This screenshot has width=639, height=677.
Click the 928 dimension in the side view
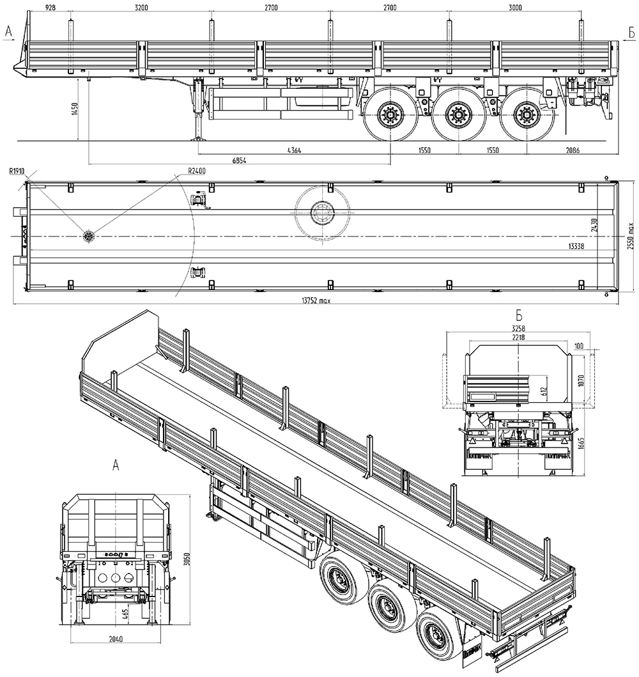tap(44, 8)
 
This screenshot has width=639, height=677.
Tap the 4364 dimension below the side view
tap(294, 151)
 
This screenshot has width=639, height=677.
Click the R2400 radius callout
tap(197, 171)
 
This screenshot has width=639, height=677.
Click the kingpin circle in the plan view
tap(88, 237)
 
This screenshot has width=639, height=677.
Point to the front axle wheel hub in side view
tap(388, 116)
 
